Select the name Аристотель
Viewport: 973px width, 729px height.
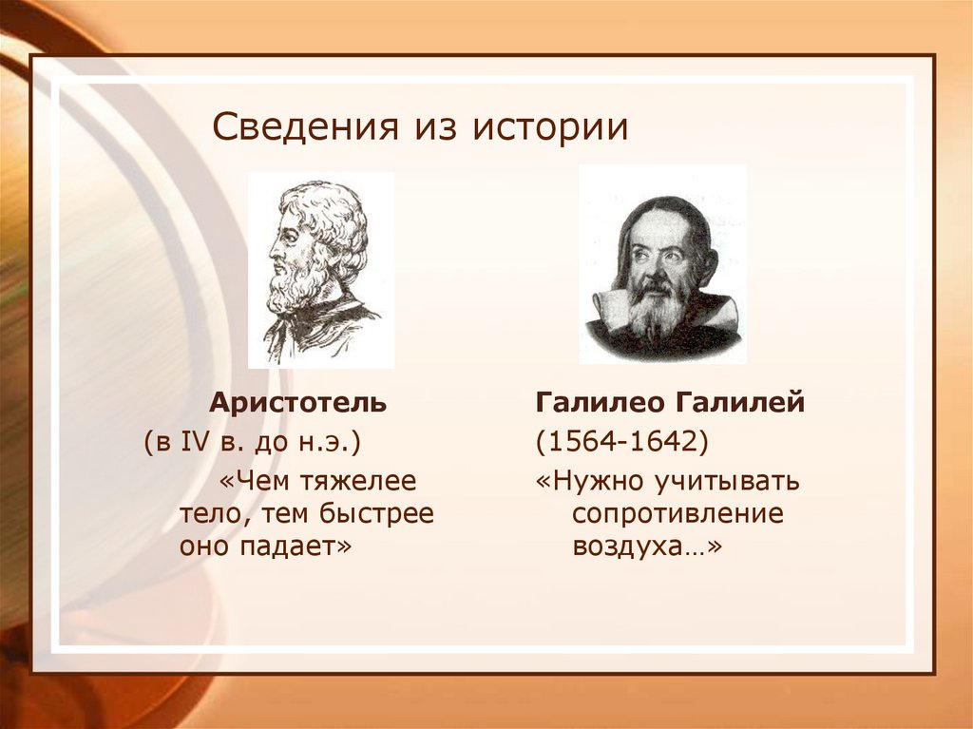coord(297,402)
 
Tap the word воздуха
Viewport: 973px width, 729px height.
coord(635,547)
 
